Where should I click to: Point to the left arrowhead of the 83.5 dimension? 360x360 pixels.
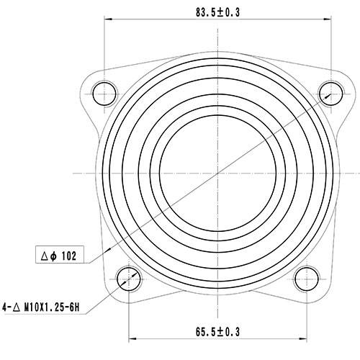click(x=109, y=19)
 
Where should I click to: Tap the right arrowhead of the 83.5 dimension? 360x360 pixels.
click(x=327, y=19)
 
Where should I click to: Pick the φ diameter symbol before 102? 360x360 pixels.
click(x=55, y=255)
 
